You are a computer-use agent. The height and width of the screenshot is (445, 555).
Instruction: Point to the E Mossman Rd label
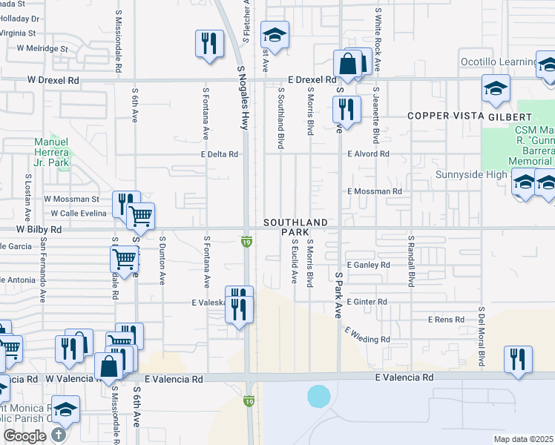pyautogui.click(x=375, y=191)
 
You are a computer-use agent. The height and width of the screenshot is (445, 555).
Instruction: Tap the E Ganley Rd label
pyautogui.click(x=368, y=265)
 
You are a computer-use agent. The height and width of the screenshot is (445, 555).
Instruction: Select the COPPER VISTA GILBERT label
pyautogui.click(x=469, y=117)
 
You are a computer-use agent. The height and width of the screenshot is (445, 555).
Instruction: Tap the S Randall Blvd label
pyautogui.click(x=410, y=263)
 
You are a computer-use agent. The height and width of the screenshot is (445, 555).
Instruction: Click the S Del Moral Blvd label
pyautogui.click(x=482, y=337)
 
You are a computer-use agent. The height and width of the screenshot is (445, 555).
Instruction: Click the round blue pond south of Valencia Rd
pyautogui.click(x=319, y=395)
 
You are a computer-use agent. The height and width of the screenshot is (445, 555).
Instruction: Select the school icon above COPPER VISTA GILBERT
pyautogui.click(x=496, y=89)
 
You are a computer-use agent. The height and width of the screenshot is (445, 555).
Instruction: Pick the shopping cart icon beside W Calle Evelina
pyautogui.click(x=139, y=216)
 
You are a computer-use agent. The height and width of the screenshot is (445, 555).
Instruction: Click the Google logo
pyautogui.click(x=24, y=436)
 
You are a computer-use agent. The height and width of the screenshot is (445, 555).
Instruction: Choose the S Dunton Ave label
pyautogui.click(x=162, y=260)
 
